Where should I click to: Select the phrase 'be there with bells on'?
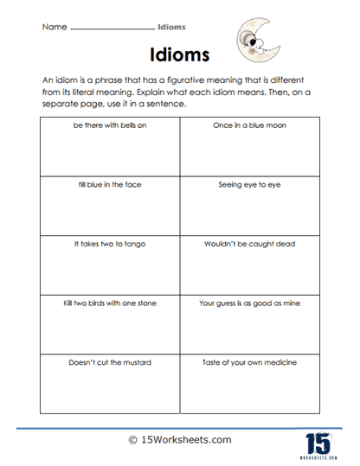(x=108, y=126)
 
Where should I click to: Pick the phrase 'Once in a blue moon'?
(x=249, y=126)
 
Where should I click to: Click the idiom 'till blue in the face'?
(x=108, y=185)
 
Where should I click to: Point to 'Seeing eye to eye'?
(x=249, y=185)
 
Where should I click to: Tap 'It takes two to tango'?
(x=108, y=245)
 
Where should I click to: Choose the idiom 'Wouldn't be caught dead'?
(x=249, y=245)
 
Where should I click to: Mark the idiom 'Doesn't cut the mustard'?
(x=108, y=363)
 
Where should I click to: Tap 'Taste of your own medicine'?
(x=249, y=363)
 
